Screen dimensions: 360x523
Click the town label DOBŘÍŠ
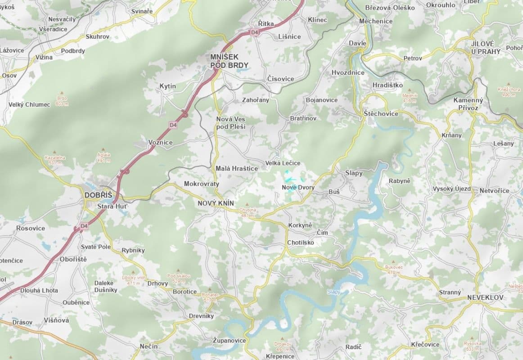click(98, 195)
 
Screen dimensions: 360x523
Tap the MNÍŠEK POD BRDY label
click(229, 61)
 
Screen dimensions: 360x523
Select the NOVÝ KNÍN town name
click(216, 203)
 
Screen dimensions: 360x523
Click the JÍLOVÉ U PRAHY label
click(486, 47)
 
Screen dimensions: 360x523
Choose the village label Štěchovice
click(381, 113)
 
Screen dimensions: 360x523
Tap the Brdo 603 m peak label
click(62, 100)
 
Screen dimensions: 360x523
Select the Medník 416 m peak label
click(410, 98)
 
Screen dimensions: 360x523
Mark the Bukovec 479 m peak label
click(392, 269)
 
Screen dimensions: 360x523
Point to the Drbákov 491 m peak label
click(282, 346)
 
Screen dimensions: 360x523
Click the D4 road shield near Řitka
click(255, 32)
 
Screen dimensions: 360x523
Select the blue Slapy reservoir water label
click(334, 292)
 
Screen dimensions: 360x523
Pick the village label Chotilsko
click(301, 243)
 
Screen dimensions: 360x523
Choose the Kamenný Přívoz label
click(468, 104)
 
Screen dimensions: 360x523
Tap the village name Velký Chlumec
click(29, 104)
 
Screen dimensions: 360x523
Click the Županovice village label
click(230, 340)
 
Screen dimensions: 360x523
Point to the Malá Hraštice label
click(237, 168)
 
